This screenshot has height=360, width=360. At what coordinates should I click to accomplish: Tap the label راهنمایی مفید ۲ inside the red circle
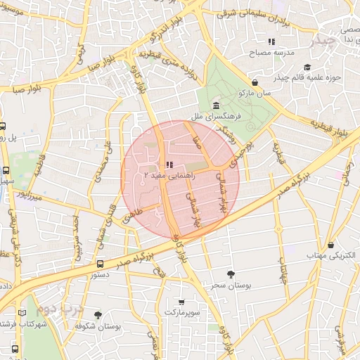click(166, 173)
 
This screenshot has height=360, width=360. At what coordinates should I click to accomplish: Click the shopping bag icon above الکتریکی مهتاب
click(331, 243)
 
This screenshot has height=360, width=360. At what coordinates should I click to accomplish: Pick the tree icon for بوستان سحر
click(231, 275)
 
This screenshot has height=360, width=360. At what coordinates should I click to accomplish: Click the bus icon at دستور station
click(100, 264)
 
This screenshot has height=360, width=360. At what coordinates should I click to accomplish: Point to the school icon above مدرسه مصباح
click(272, 42)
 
